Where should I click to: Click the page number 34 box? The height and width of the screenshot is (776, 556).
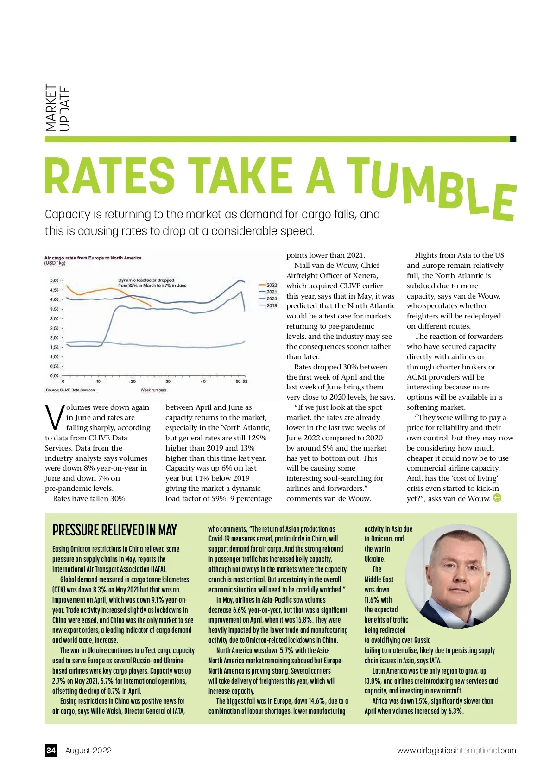[51, 751]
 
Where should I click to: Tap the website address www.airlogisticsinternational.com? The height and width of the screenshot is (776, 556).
[456, 751]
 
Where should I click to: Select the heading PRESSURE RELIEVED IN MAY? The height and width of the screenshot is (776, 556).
[114, 530]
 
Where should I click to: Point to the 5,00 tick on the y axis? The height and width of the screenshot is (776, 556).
[54, 280]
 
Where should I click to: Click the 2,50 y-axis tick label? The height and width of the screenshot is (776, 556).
[54, 328]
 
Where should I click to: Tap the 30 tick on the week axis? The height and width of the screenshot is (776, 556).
[168, 382]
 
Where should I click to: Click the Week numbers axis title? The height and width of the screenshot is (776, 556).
[153, 390]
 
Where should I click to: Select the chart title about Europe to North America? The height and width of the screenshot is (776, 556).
[93, 258]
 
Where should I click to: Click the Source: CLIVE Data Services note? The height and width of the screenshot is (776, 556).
[70, 390]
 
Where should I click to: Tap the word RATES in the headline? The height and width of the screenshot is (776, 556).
[109, 176]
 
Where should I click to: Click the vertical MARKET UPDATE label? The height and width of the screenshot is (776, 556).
[58, 108]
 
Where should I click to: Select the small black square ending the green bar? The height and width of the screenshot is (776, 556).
[513, 139]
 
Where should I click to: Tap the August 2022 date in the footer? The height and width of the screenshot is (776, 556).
[88, 751]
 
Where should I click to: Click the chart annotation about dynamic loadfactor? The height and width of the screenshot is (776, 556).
[152, 283]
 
